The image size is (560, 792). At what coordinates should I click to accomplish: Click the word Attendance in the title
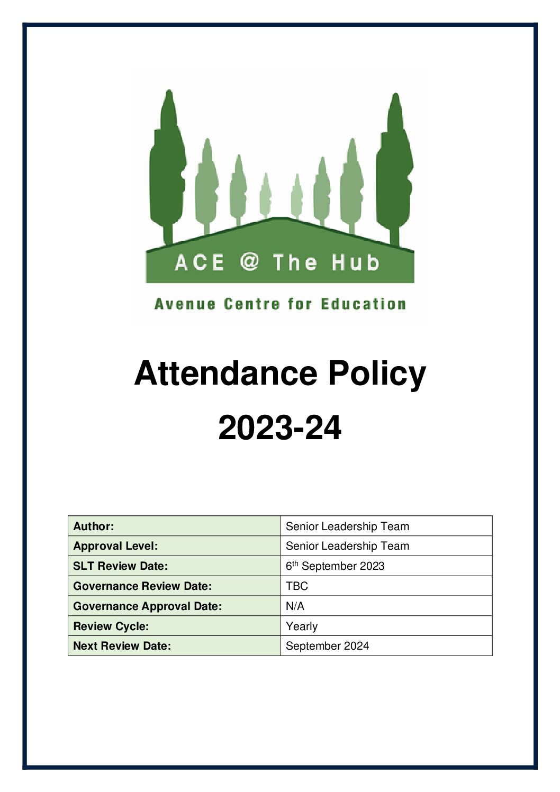point(226,374)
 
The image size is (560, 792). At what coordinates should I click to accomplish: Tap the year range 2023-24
point(279,427)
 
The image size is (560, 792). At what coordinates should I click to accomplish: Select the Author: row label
point(94,526)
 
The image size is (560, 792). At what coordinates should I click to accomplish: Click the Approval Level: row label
point(115,546)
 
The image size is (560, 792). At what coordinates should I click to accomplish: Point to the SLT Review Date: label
point(120,566)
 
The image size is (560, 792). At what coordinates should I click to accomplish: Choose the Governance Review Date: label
point(142,586)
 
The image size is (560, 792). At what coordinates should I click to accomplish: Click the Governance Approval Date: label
point(147,606)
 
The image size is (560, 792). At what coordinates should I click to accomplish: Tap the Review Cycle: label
point(111,626)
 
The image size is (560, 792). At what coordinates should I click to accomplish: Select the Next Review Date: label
point(122,646)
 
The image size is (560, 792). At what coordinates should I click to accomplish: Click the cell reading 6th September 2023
point(335,566)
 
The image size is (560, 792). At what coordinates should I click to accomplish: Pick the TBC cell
point(297,586)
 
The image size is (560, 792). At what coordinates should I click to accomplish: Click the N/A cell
point(295,606)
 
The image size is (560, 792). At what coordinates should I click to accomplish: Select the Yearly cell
point(302,626)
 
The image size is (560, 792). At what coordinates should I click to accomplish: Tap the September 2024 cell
point(327,646)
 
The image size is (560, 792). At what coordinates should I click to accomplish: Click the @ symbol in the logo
point(249,262)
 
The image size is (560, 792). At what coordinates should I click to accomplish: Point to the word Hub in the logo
point(355,262)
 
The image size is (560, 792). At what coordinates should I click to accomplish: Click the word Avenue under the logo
point(185,304)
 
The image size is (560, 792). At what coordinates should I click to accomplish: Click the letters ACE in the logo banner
point(200,262)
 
